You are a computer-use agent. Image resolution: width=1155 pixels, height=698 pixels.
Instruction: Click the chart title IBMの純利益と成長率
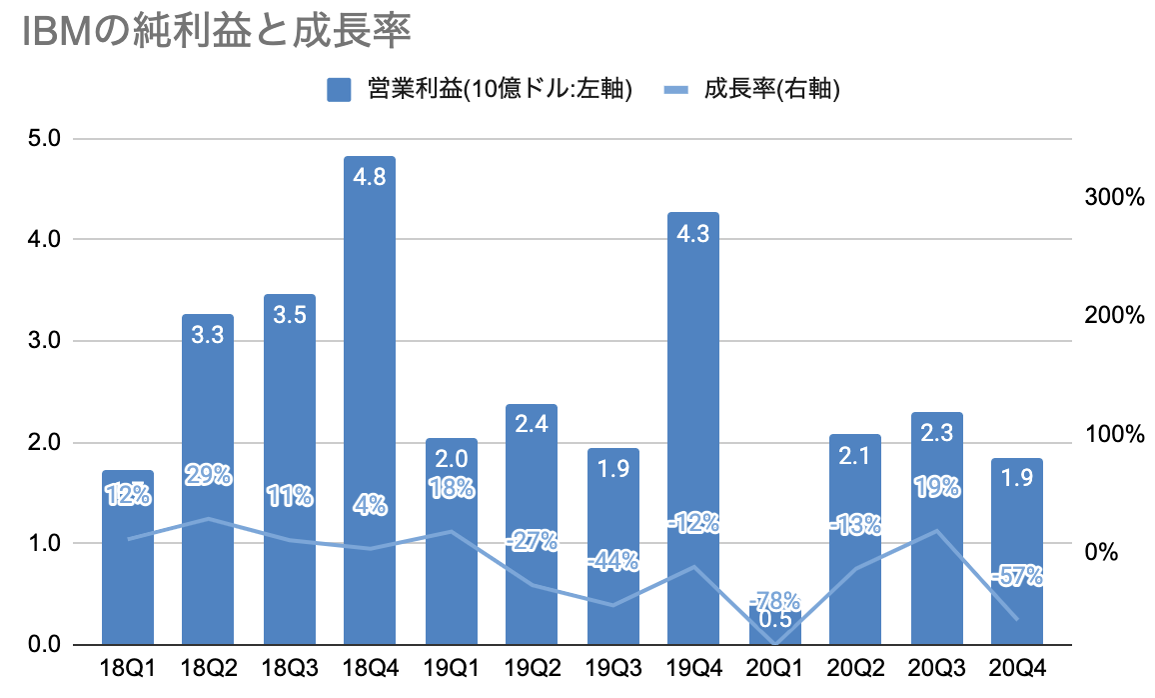[215, 32]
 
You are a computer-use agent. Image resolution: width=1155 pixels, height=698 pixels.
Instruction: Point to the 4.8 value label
[370, 176]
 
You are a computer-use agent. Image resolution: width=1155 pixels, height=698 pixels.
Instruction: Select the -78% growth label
[776, 601]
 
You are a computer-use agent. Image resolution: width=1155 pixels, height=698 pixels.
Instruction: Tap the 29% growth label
[208, 476]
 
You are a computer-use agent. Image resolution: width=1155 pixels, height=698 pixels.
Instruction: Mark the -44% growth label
[612, 561]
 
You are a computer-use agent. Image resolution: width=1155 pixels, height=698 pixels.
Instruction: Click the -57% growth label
[1017, 575]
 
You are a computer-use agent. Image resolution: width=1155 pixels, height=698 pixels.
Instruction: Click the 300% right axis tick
[1113, 197]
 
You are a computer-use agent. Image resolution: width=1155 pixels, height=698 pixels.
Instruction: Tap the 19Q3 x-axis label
[612, 667]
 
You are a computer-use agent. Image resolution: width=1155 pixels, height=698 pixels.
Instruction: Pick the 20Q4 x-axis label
[1017, 667]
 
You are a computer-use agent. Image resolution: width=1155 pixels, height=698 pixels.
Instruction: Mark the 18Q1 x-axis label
[128, 667]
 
